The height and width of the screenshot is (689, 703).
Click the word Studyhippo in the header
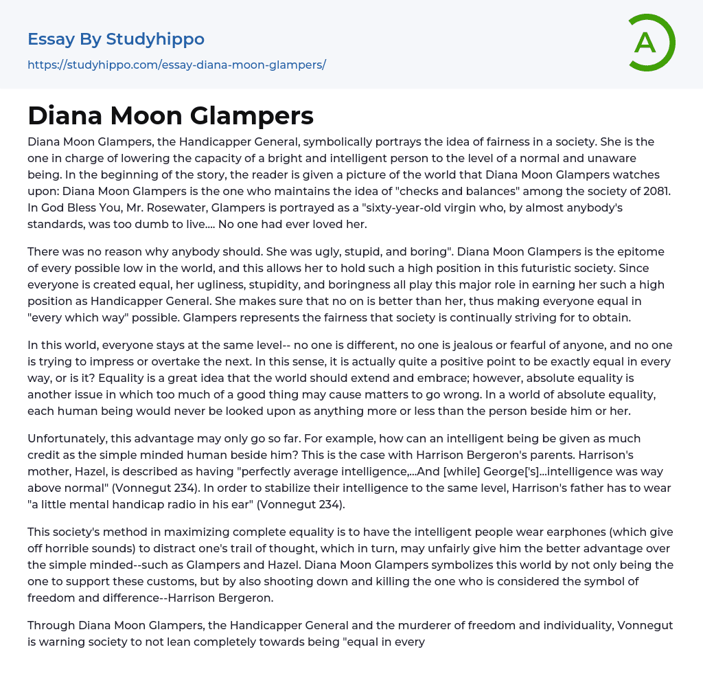click(155, 39)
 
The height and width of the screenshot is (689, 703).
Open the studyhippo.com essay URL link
click(176, 65)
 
